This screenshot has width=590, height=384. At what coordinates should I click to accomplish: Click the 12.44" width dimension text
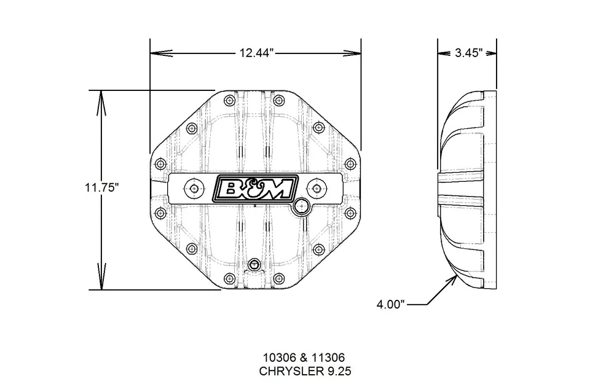click(256, 53)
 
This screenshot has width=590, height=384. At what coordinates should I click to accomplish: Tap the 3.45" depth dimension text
click(468, 53)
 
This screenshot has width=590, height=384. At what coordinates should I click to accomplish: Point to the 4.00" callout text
click(391, 304)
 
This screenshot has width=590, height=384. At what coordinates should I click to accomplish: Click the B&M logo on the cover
click(255, 189)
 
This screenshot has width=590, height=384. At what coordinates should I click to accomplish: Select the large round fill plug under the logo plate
click(302, 206)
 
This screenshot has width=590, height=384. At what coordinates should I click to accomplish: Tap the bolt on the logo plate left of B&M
click(195, 189)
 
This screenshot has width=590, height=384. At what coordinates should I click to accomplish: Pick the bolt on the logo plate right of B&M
click(317, 189)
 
